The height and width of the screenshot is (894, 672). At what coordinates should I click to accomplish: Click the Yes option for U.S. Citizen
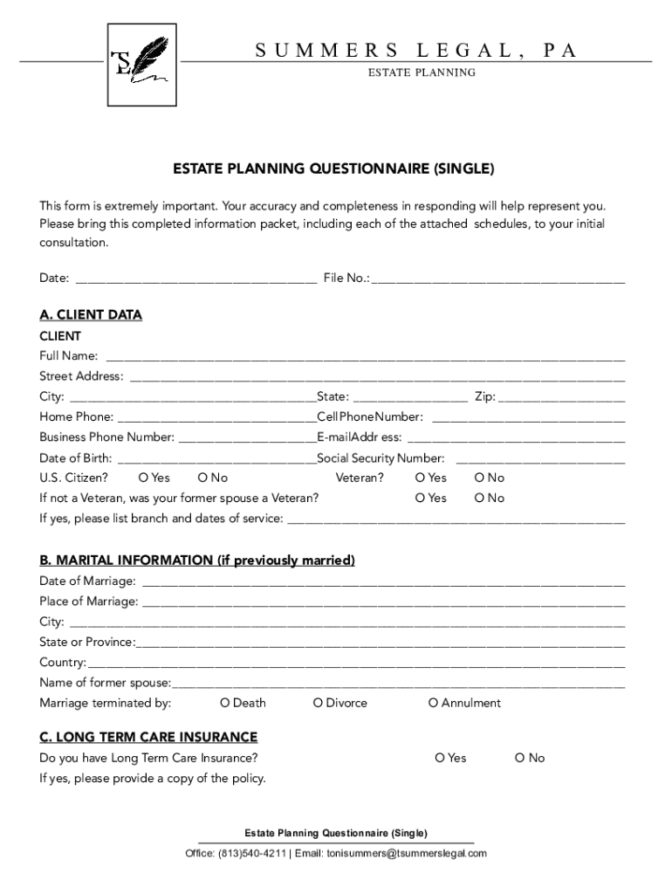(144, 478)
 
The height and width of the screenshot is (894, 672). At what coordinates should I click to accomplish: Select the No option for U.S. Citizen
(203, 478)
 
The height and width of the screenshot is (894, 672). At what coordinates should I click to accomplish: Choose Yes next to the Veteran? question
(421, 478)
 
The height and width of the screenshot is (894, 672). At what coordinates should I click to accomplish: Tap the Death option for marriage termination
(225, 703)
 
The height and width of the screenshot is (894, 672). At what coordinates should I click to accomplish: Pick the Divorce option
(318, 703)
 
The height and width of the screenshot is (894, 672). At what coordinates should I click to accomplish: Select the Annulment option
(433, 703)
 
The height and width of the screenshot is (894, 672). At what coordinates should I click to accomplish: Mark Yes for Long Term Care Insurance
(440, 758)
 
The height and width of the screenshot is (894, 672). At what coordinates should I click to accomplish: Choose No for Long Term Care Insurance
(520, 758)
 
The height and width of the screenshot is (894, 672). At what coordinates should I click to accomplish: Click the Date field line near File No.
(196, 280)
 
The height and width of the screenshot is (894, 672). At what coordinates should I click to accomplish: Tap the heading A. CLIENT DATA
(91, 315)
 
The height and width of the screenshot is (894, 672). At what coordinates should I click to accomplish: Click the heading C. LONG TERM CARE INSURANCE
(148, 737)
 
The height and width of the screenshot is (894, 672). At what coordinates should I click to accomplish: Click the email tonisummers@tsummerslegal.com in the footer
(407, 853)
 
